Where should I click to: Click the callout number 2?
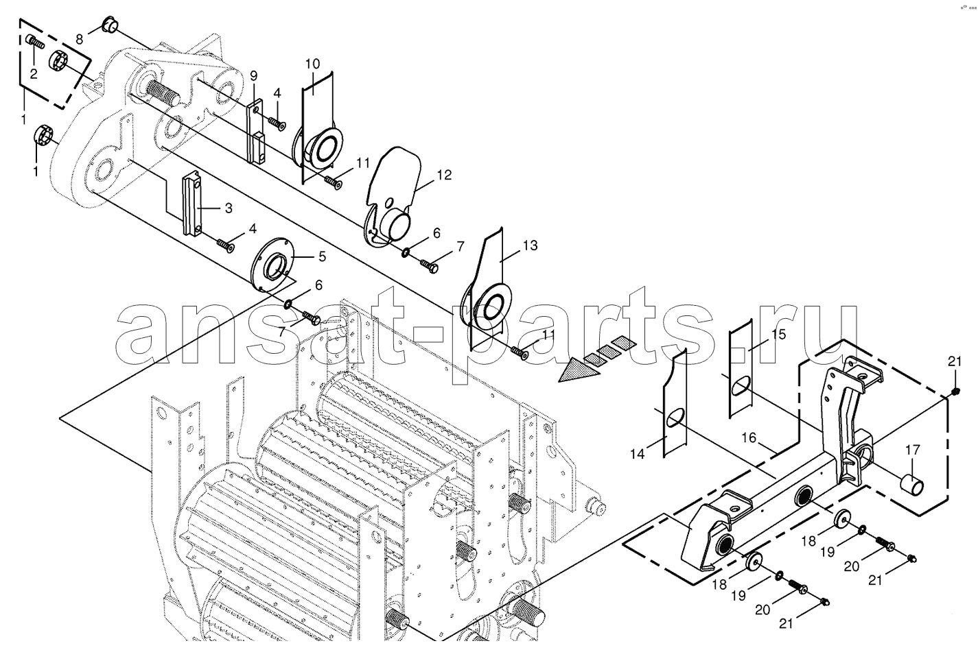pos(34,74)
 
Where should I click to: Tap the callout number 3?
pos(229,208)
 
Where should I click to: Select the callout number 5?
pos(322,256)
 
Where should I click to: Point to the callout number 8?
pos(79,40)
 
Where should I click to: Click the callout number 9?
pos(254,76)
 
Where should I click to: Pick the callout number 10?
pos(312,64)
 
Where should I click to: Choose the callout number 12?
pos(443,175)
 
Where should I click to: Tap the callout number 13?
pos(530,245)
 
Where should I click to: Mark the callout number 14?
pos(638,454)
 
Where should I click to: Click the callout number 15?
pos(778,335)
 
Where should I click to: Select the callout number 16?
pos(749,437)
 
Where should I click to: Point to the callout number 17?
pos(913,449)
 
